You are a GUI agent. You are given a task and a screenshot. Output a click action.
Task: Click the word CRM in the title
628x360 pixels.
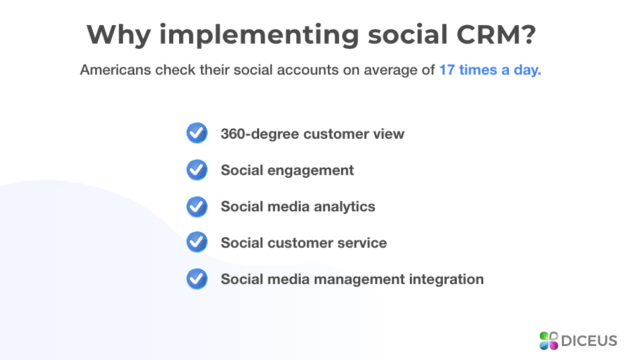coord(498,34)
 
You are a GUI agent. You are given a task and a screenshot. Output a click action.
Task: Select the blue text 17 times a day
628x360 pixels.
coord(490,70)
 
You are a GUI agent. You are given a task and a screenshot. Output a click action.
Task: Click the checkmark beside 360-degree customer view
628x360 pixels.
coord(197,133)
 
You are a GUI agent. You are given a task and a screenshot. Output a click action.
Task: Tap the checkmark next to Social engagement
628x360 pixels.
coord(197,170)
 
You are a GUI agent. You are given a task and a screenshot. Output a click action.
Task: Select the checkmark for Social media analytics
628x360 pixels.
coord(197,206)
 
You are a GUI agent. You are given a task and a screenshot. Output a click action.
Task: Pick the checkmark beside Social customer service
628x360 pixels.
coord(197,242)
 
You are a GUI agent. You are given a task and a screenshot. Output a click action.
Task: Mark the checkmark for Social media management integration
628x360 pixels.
coord(197,279)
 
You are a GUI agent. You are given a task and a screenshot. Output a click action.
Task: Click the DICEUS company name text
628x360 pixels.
coord(589,342)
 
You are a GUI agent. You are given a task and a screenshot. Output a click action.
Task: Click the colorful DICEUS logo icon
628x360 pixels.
coord(549,341)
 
